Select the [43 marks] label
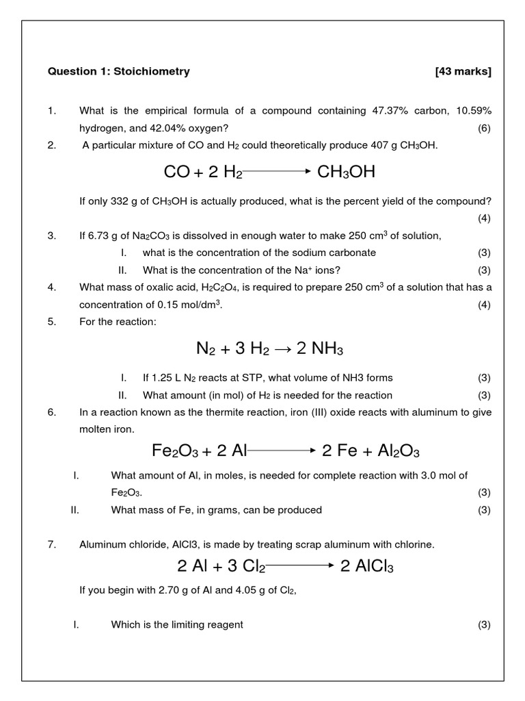[x=463, y=71]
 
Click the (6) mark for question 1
[x=484, y=128]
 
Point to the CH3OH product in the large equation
[x=347, y=172]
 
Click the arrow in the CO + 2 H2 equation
[x=278, y=173]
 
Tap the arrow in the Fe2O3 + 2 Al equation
[x=281, y=451]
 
